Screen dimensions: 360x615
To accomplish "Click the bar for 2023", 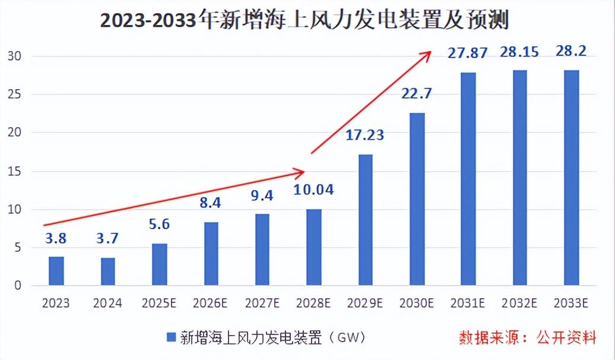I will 56,271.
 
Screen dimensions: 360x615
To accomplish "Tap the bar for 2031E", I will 468,179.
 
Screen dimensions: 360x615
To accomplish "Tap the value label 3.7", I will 107,239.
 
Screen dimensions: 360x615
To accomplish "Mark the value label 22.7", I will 417,94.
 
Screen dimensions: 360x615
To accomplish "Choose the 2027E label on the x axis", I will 262,303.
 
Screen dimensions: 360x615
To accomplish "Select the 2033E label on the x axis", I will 571,303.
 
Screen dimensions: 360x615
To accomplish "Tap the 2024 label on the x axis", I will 107,303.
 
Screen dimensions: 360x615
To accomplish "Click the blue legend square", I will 171,337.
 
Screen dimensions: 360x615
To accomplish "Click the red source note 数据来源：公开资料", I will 527,338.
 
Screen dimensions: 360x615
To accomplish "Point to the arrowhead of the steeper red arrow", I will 429,53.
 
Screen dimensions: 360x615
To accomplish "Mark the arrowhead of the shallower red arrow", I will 303,172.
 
